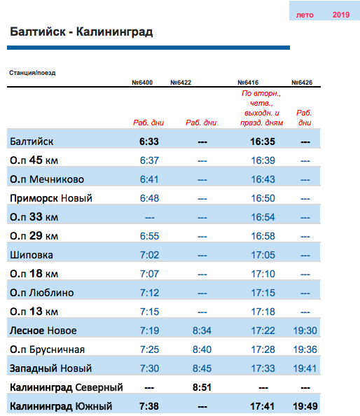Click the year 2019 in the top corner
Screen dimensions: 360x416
341,15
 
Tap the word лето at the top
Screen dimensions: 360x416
305,15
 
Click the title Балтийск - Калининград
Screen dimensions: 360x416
81,32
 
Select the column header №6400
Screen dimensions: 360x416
142,83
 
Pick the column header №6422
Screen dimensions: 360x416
181,83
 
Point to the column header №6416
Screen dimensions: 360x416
248,83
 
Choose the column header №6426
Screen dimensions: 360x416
302,83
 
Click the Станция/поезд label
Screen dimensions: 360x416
32,73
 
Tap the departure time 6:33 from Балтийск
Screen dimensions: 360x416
149,141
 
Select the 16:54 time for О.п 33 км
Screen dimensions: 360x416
263,217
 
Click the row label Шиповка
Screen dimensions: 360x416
32,255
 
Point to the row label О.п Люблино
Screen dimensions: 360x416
41,293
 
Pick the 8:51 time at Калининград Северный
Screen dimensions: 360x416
202,387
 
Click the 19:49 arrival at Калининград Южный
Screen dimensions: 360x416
305,406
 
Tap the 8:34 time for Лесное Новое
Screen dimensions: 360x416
202,331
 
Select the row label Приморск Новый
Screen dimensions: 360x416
51,198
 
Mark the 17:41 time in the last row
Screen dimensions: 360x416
263,406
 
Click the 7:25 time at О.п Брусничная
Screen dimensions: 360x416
149,349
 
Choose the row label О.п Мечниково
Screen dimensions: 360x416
47,179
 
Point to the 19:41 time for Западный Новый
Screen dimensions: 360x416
305,368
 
